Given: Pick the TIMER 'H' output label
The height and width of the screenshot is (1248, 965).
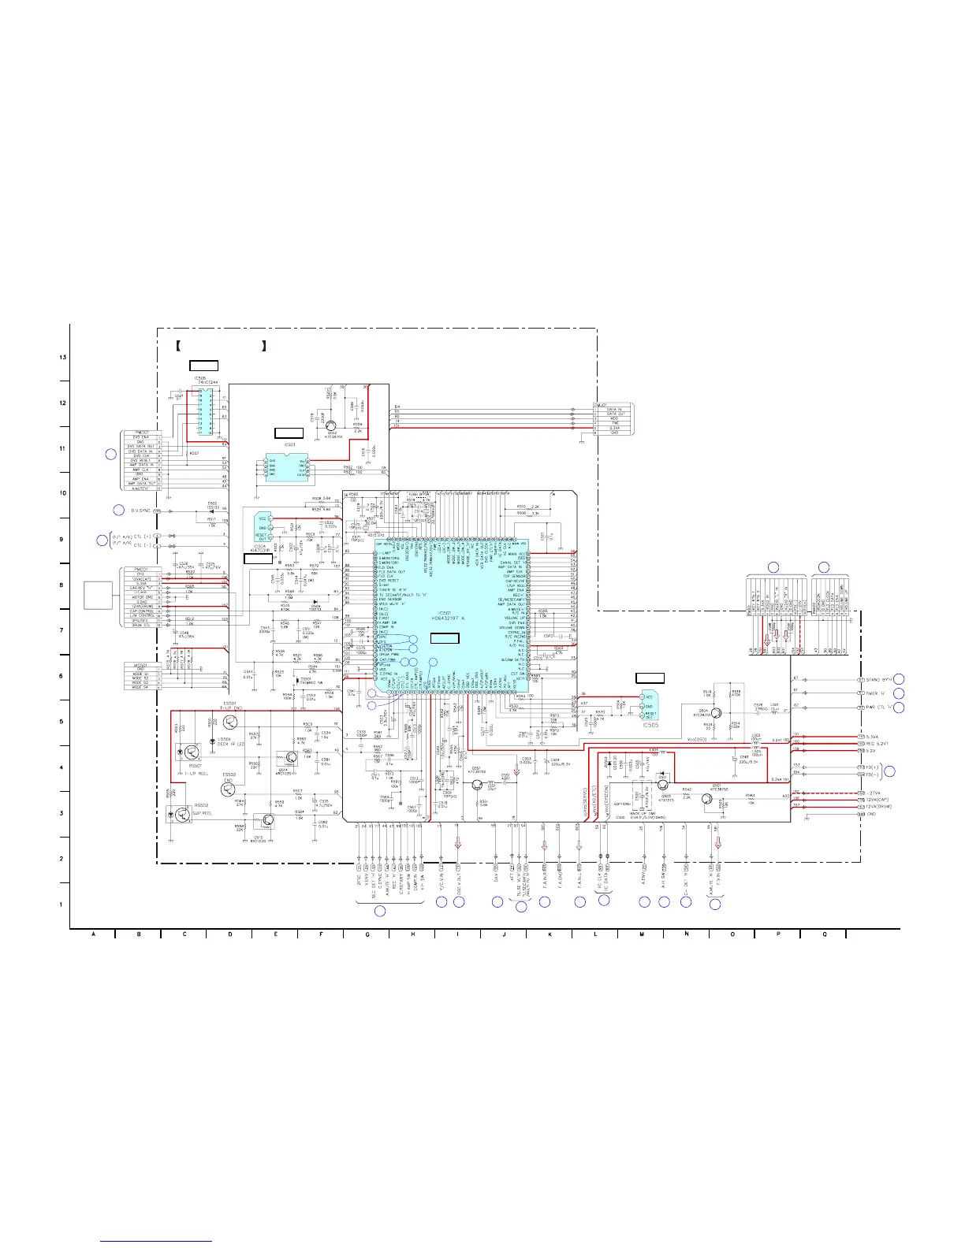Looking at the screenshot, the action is pyautogui.click(x=876, y=693).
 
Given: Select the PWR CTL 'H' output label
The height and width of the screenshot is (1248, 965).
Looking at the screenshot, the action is pyautogui.click(x=879, y=708).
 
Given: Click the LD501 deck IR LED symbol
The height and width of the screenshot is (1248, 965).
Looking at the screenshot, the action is pyautogui.click(x=214, y=741).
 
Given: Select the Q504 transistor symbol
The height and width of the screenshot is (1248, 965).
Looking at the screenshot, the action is pyautogui.click(x=716, y=712).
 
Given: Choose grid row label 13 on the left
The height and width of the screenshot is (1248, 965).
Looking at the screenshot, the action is pyautogui.click(x=62, y=358).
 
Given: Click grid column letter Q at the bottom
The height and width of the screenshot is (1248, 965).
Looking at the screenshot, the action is pyautogui.click(x=823, y=934).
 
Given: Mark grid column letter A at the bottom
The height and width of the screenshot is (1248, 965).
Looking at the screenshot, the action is pyautogui.click(x=93, y=934).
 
